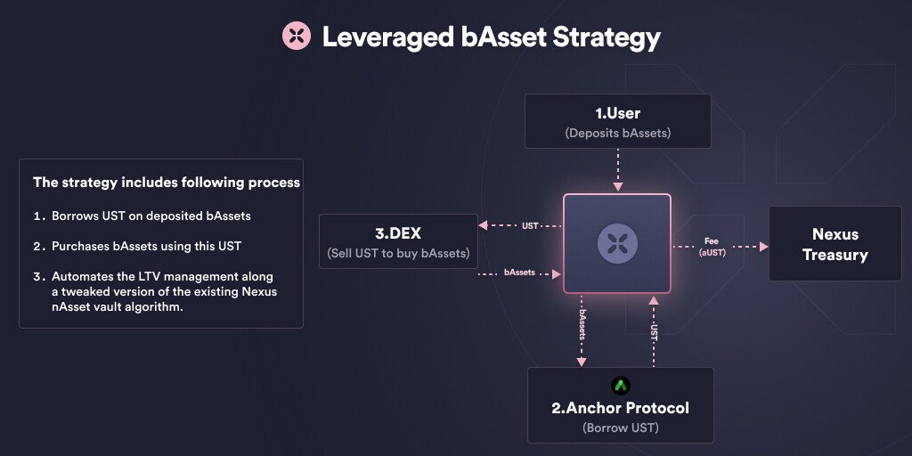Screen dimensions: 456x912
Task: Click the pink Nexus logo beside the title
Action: (x=296, y=37)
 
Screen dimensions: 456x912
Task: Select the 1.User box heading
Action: (x=617, y=114)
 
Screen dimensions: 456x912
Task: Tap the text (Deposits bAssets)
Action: (x=617, y=134)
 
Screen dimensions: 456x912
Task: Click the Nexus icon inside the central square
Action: (x=616, y=241)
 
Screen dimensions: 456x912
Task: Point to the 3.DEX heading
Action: (x=398, y=234)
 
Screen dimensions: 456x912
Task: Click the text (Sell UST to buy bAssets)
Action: (x=398, y=253)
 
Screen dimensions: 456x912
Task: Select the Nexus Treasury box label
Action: (x=835, y=244)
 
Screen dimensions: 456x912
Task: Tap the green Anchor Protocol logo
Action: (x=621, y=386)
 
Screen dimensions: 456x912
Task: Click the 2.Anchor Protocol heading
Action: (x=620, y=408)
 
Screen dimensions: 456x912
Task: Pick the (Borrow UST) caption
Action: (x=620, y=427)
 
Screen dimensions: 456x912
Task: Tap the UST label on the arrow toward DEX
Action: (x=530, y=226)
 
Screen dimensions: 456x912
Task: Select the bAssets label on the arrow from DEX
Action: (x=519, y=273)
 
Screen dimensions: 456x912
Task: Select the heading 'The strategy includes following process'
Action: (x=167, y=183)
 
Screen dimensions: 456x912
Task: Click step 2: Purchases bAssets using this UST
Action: (x=146, y=246)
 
